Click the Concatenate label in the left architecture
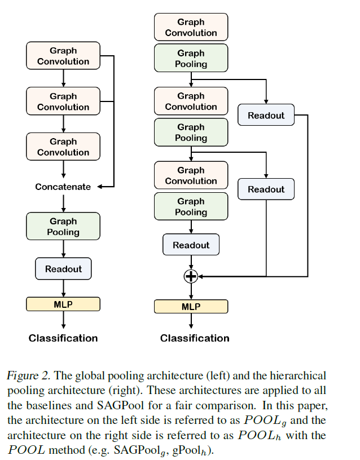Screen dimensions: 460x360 pyautogui.click(x=63, y=187)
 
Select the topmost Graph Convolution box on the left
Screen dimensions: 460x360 pyautogui.click(x=63, y=56)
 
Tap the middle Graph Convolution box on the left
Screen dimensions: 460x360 pyautogui.click(x=63, y=101)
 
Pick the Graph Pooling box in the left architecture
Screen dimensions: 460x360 pyautogui.click(x=63, y=226)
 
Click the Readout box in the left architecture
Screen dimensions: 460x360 pyautogui.click(x=63, y=269)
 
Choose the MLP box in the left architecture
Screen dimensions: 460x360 pyautogui.click(x=63, y=304)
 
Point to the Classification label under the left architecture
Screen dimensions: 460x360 pyautogui.click(x=63, y=338)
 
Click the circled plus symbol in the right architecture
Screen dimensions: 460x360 pyautogui.click(x=191, y=276)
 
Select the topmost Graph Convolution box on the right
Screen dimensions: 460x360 pyautogui.click(x=191, y=27)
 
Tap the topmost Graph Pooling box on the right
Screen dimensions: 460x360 pyautogui.click(x=191, y=59)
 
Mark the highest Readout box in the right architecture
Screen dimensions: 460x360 pyautogui.click(x=266, y=115)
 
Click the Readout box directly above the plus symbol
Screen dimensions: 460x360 pyautogui.click(x=191, y=245)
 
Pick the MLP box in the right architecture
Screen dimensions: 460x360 pyautogui.click(x=191, y=307)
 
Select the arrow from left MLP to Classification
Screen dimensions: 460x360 pyautogui.click(x=63, y=320)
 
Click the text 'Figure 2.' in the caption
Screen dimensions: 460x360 pyautogui.click(x=25, y=375)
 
